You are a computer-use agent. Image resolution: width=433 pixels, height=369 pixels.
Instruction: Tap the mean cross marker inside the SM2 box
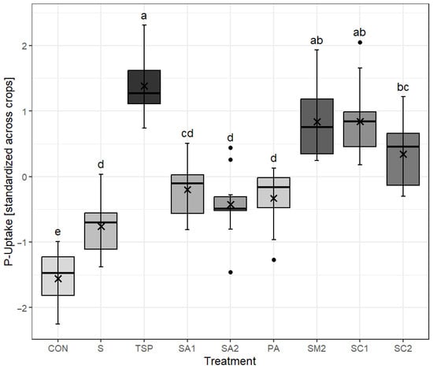coord(316,121)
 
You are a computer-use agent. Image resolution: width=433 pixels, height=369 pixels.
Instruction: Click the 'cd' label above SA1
coord(187,133)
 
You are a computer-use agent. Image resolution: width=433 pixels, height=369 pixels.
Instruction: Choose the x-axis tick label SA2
coord(231,347)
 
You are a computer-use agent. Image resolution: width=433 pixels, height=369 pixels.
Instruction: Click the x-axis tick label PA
coord(273,347)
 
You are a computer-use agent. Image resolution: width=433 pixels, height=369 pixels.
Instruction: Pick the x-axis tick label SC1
coord(360,347)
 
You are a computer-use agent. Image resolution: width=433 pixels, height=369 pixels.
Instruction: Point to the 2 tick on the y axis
coord(28,46)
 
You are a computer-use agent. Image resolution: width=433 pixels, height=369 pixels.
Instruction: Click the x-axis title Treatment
coord(230,360)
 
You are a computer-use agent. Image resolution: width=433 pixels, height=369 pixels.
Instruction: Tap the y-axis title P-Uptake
coord(8,177)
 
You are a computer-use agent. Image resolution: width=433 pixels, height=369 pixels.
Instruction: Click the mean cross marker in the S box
coord(102,225)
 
